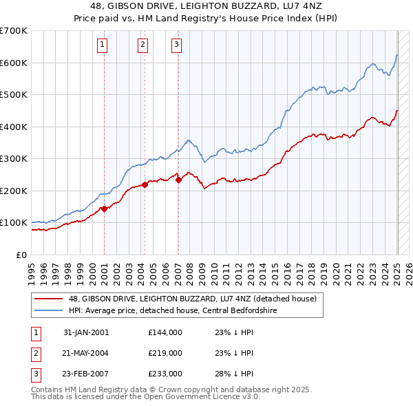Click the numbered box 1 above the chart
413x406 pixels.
(103, 45)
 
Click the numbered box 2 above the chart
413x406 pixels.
(142, 45)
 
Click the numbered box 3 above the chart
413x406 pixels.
(176, 45)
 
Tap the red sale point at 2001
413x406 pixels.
(104, 209)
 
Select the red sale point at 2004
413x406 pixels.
(145, 184)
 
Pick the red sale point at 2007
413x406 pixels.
(178, 180)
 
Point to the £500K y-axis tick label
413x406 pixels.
(13, 94)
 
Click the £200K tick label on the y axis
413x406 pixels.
(13, 191)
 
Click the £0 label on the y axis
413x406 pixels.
(21, 255)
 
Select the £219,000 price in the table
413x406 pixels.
(165, 353)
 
